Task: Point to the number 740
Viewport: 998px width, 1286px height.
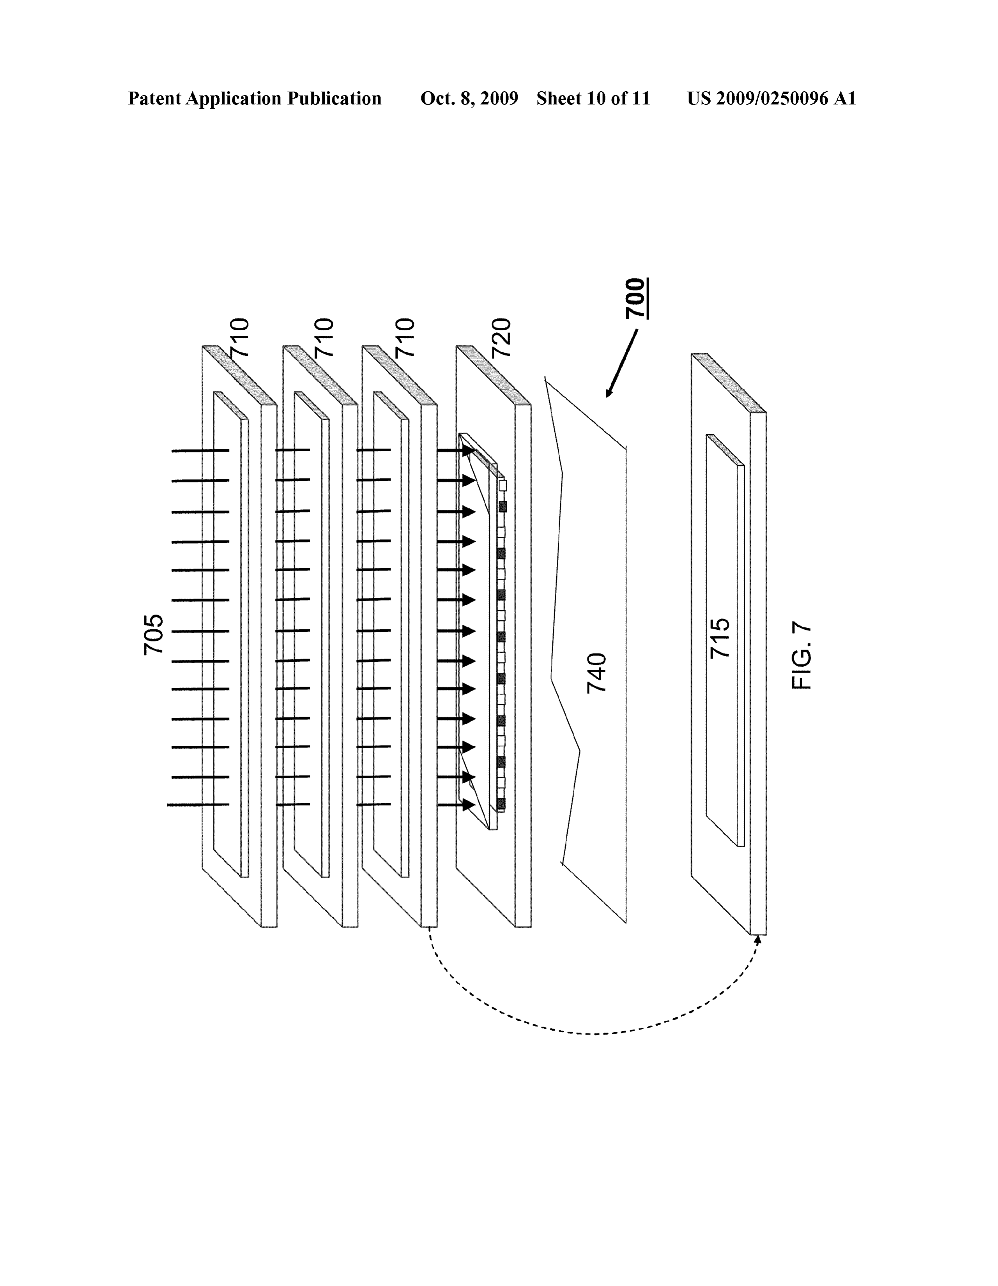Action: coord(597,673)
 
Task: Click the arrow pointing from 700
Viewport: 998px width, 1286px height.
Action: coord(621,363)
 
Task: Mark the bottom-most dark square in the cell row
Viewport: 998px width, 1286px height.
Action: coord(501,804)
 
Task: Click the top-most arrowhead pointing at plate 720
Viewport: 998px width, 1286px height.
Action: coord(468,450)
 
